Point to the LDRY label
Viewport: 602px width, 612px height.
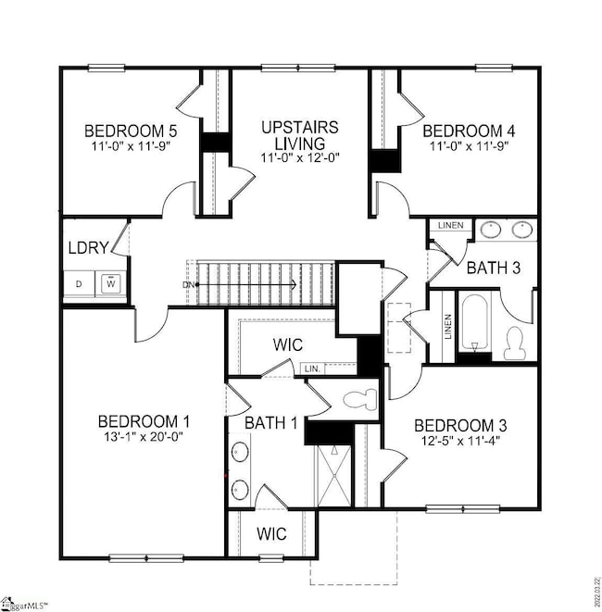tap(89, 248)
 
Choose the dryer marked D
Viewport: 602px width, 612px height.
tap(79, 283)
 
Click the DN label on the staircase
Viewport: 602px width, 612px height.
tap(190, 285)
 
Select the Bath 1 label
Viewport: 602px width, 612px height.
tap(271, 423)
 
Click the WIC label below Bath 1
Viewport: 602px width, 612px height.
tap(272, 534)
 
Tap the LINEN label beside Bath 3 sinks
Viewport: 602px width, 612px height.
tap(450, 225)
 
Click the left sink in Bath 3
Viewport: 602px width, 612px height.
tap(490, 228)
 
